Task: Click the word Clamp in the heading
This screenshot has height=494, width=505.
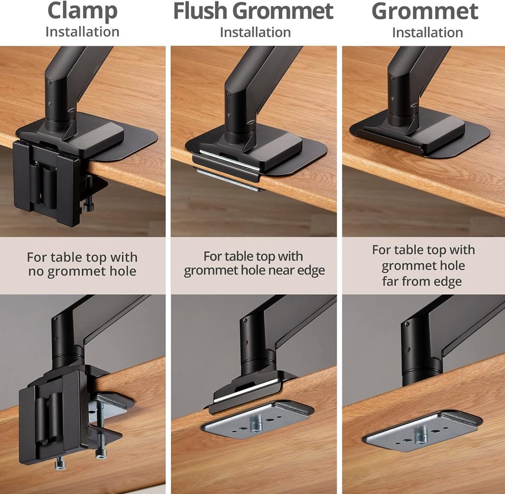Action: (x=82, y=10)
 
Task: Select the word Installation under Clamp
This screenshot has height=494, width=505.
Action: (x=82, y=32)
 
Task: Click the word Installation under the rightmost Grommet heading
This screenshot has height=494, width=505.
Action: (x=427, y=33)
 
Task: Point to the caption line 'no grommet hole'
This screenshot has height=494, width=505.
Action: (x=82, y=271)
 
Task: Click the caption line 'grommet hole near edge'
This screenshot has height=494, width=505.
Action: (x=254, y=270)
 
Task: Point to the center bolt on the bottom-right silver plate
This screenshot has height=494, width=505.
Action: (x=420, y=435)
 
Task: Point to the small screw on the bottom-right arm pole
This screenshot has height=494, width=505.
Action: (x=408, y=324)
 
